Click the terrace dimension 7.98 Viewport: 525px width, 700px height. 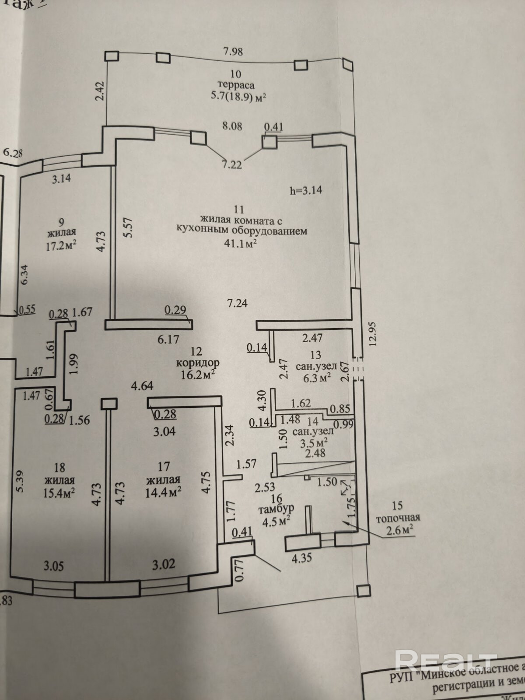pyautogui.click(x=233, y=52)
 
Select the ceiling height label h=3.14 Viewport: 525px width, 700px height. pyautogui.click(x=306, y=190)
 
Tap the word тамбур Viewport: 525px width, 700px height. pyautogui.click(x=276, y=509)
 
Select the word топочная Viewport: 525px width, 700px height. pyautogui.click(x=398, y=518)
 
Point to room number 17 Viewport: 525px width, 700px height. pyautogui.click(x=164, y=467)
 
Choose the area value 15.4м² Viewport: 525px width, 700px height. pyautogui.click(x=59, y=493)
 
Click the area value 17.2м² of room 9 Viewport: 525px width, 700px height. pyautogui.click(x=61, y=245)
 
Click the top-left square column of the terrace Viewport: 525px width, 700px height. pyautogui.click(x=112, y=56)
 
